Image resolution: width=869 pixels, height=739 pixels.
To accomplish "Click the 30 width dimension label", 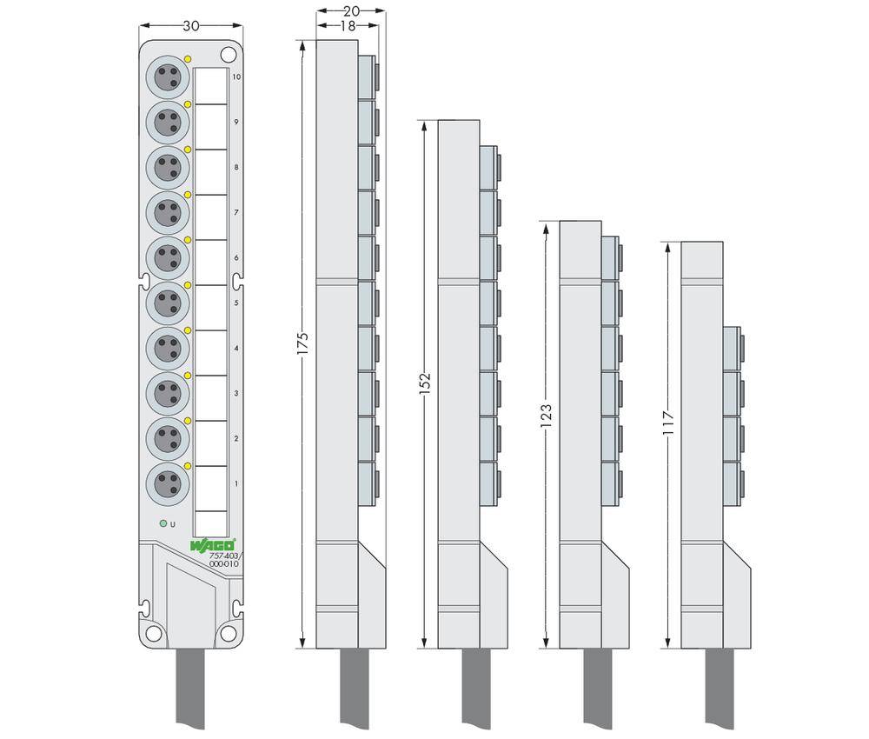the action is point(190,26).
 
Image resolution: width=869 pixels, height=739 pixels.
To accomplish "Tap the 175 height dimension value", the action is point(302,343).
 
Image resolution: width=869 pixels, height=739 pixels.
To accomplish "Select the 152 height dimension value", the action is point(425,383).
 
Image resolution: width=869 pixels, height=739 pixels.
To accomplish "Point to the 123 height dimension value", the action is point(547,416).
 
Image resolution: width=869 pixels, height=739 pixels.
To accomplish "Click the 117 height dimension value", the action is point(668,423).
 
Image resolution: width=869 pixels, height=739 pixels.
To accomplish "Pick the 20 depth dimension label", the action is point(351,10).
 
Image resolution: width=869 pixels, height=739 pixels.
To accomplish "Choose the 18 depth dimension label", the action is point(348,25).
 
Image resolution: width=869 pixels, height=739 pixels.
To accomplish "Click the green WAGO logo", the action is point(214,545).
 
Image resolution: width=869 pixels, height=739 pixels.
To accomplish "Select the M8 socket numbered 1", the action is point(168,484).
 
